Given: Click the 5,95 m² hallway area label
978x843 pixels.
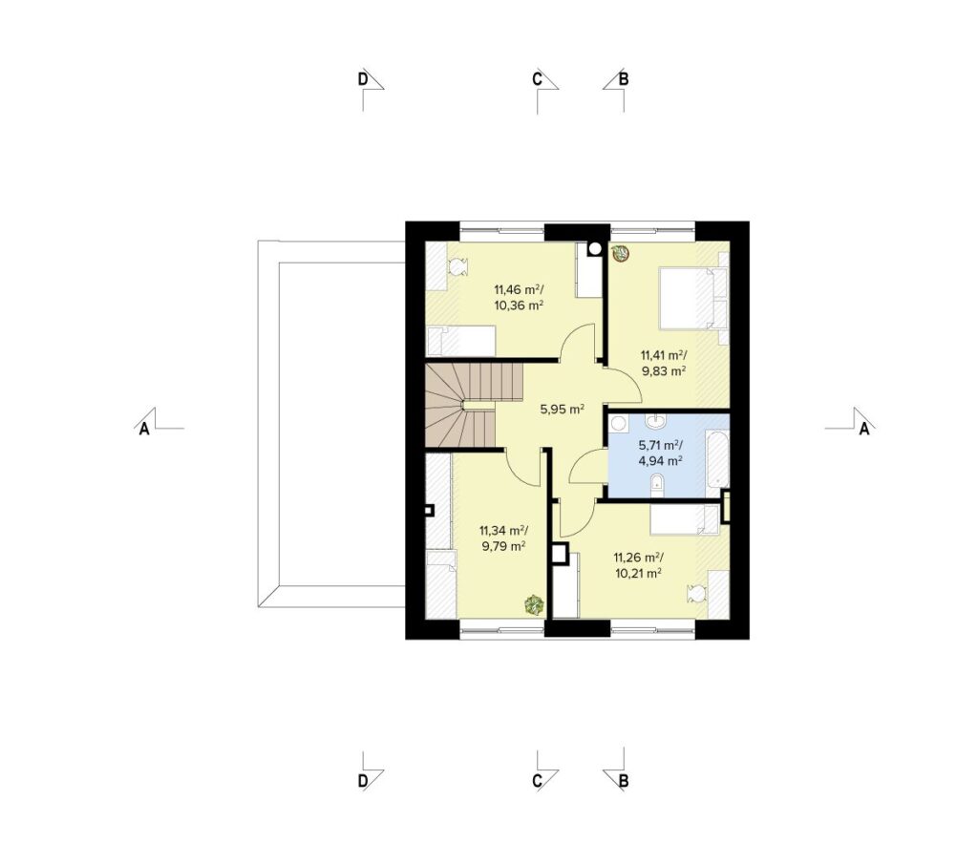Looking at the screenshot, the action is [562, 410].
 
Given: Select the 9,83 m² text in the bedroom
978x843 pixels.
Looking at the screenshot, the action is [665, 371].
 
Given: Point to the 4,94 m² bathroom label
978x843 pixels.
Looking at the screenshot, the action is [660, 461].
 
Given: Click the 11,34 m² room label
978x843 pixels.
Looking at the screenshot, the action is [503, 531].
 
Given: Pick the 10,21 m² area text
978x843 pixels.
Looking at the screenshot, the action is [638, 574].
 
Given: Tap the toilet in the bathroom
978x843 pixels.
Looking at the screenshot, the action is [657, 486].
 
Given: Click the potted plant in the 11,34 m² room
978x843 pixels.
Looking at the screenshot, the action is [534, 604].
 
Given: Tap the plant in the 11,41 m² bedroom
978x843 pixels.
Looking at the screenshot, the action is [620, 253].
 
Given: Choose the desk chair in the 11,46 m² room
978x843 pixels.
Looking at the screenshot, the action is [457, 267].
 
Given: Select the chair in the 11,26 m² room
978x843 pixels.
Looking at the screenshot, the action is [696, 593].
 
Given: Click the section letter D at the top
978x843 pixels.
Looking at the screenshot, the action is [362, 80].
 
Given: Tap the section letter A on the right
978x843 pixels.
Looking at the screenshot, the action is [863, 429].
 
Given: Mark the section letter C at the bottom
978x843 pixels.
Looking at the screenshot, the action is [537, 781].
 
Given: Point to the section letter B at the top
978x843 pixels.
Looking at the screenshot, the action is [623, 80].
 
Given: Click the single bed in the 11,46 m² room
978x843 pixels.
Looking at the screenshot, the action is [461, 341].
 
